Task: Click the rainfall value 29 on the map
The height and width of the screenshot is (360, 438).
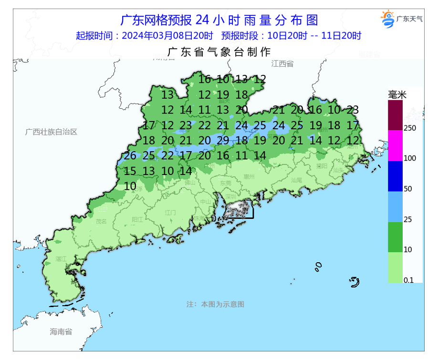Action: [x=223, y=140]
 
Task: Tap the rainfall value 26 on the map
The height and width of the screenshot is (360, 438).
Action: [x=130, y=155]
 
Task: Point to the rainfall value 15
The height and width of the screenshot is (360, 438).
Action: [x=130, y=171]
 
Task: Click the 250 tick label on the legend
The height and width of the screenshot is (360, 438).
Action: [x=410, y=128]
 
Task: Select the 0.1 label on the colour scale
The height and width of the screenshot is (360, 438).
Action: [x=408, y=280]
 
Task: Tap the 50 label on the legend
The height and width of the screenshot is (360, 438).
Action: [x=408, y=189]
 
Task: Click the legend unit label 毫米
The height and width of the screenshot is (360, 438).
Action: [x=397, y=95]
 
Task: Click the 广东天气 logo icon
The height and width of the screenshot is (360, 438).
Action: [x=387, y=19]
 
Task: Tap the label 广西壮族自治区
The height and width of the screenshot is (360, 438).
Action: [x=51, y=132]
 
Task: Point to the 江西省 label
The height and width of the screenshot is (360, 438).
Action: [x=282, y=63]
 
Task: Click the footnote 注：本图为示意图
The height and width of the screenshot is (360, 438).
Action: [x=215, y=304]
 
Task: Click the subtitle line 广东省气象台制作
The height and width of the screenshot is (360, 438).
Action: [x=219, y=51]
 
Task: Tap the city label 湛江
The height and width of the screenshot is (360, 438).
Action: [x=61, y=258]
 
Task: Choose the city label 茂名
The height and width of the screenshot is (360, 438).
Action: [x=101, y=221]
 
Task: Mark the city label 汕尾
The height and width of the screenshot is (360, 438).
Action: [x=296, y=180]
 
